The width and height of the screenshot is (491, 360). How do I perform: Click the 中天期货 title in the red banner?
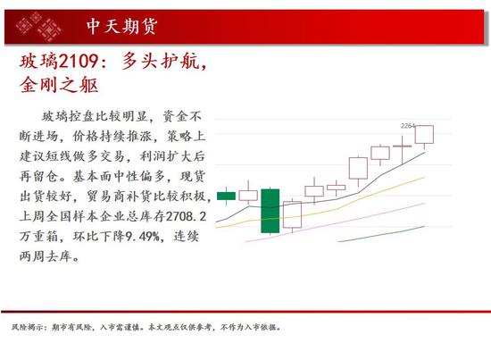click(x=121, y=26)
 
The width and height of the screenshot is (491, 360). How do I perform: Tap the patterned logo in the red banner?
click(x=38, y=27)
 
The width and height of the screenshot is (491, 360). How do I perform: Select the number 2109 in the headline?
click(x=79, y=61)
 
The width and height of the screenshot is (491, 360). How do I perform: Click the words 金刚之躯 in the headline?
click(x=59, y=85)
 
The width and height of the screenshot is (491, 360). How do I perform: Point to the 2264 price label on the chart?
click(x=408, y=126)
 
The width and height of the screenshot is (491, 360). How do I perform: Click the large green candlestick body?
click(x=270, y=211)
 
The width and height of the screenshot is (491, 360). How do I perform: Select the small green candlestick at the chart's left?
click(x=226, y=197)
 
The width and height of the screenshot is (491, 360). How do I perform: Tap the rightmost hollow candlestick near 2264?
click(x=424, y=134)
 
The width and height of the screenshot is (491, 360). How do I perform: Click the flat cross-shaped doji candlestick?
click(x=402, y=146)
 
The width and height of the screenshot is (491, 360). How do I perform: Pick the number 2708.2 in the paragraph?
click(x=186, y=216)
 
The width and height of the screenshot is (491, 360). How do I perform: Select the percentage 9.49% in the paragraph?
click(x=143, y=236)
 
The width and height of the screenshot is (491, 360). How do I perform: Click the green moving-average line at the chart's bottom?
click(x=381, y=234)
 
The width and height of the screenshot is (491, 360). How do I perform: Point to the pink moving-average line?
click(x=335, y=223)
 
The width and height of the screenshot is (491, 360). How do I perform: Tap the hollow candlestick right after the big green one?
click(x=292, y=214)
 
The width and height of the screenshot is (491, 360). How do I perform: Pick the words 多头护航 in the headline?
click(x=161, y=61)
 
